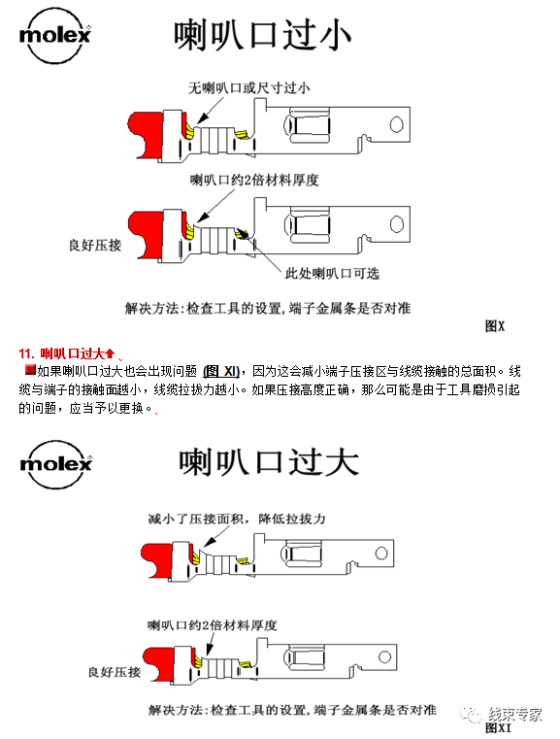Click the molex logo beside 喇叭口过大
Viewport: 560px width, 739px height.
coord(55,458)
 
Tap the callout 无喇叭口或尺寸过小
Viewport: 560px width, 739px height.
coord(249,88)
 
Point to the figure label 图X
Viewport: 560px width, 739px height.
coord(495,326)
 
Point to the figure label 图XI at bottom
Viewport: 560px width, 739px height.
coord(498,727)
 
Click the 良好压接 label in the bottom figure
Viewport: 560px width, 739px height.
coord(114,671)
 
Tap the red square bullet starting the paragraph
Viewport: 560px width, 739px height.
coord(29,370)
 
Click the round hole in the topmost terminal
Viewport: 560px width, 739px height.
coord(395,124)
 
